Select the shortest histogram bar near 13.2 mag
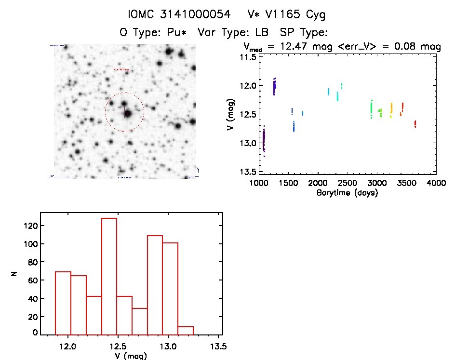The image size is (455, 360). [186, 330]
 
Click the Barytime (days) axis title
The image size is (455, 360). [347, 193]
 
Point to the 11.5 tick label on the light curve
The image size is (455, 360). [248, 57]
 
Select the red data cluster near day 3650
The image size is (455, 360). [415, 124]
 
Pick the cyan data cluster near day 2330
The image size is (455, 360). [337, 96]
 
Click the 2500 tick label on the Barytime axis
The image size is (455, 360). [347, 184]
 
